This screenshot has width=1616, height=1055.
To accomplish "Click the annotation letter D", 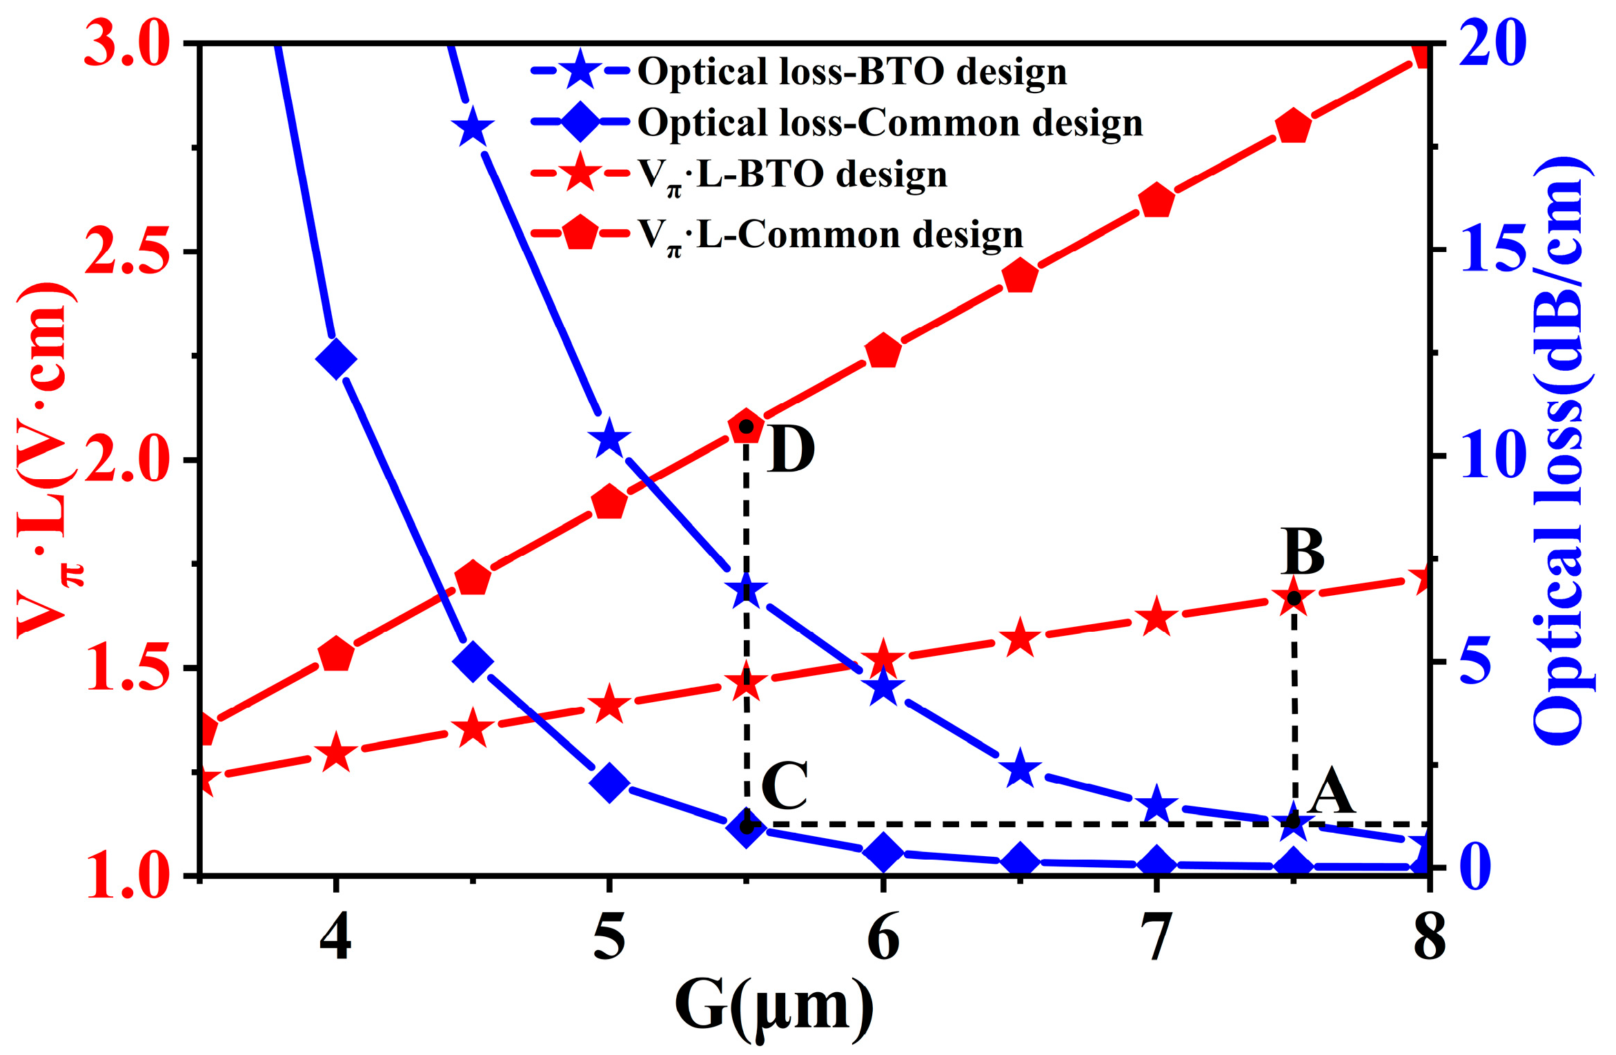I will tap(791, 449).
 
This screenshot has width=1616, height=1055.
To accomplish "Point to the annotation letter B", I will tap(1303, 552).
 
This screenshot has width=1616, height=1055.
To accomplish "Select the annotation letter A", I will tap(1332, 792).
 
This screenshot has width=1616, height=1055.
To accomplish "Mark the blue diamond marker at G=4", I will tap(335, 359).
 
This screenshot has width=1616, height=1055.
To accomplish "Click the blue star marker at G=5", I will tap(609, 438).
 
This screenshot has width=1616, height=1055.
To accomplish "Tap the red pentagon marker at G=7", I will tap(1157, 202).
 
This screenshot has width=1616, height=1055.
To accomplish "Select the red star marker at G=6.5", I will tap(1020, 639).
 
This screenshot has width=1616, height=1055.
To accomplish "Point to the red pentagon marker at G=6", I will tap(883, 352).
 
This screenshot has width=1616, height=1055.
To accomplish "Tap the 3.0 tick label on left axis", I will tap(126, 46).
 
